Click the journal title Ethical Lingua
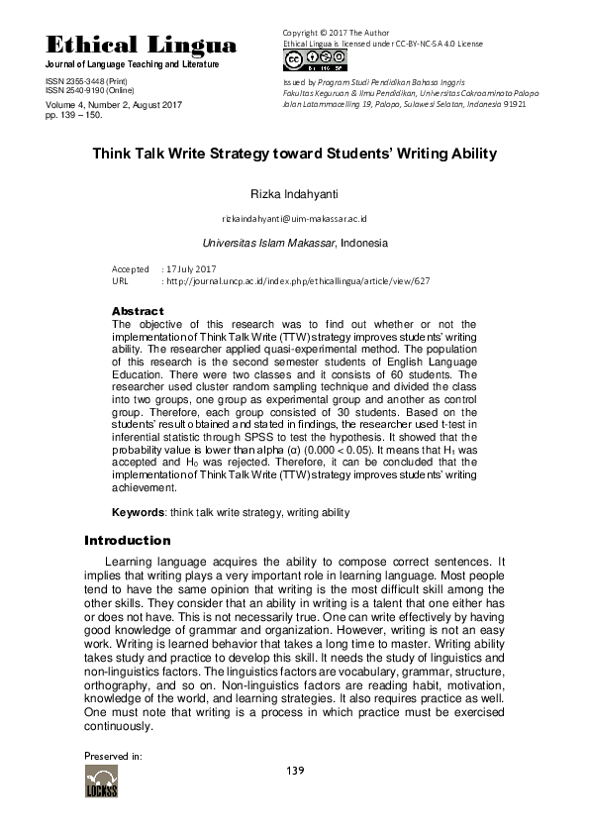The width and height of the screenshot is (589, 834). [142, 46]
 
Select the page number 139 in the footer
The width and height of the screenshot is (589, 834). [294, 771]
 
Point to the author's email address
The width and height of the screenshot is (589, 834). [295, 217]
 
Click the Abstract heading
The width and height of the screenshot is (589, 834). [138, 311]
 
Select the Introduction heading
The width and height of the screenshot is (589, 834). [128, 541]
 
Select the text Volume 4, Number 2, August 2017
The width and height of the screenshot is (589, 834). [114, 104]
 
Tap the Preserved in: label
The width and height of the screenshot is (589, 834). [113, 755]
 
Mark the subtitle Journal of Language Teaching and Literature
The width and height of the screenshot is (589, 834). [133, 64]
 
